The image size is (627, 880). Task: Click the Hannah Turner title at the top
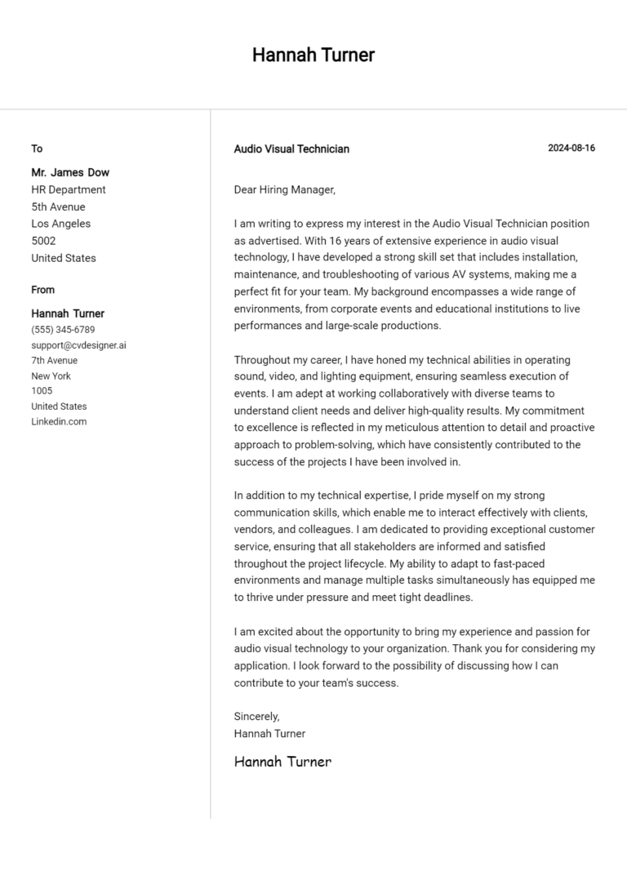point(313,55)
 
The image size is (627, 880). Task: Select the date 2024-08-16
point(571,148)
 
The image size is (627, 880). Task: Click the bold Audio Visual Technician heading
point(291,149)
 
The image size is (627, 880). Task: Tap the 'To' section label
point(37,149)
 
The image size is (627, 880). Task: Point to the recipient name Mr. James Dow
point(70,172)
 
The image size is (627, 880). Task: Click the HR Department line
point(69,189)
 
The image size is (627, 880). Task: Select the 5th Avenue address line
point(58,207)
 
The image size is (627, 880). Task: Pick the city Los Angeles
point(61,224)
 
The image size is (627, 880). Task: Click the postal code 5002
point(43,241)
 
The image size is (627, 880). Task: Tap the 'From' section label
point(43,290)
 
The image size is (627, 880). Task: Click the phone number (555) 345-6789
point(63,330)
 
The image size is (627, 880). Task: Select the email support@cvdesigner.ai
point(78,345)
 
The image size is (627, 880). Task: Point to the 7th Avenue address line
point(55,360)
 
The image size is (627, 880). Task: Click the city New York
point(51,376)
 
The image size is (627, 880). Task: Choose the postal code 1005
point(42,391)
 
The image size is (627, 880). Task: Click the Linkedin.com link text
point(59,421)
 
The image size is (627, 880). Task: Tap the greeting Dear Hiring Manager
point(284,189)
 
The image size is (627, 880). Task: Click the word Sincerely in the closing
point(256,716)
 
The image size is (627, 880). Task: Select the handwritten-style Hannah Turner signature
point(282,762)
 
